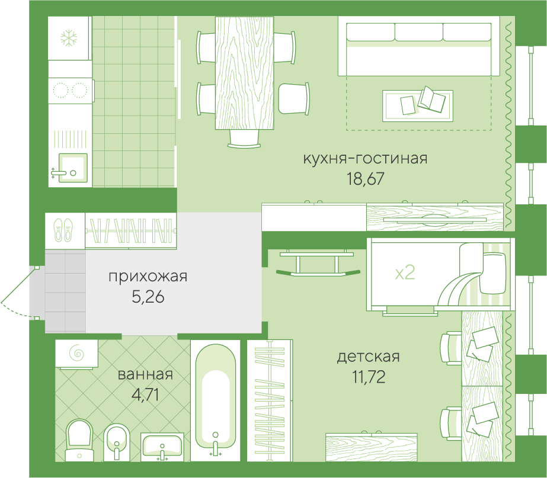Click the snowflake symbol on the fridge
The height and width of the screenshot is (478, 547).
(x=69, y=38)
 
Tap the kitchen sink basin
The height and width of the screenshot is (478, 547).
(x=73, y=168)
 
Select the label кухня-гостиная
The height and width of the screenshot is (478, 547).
(x=365, y=158)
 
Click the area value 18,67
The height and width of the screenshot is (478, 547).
(x=365, y=178)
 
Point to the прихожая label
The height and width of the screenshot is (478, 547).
(x=148, y=277)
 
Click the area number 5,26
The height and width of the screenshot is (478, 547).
(x=148, y=297)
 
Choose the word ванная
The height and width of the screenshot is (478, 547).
(x=145, y=374)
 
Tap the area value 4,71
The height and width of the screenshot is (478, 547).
(x=145, y=394)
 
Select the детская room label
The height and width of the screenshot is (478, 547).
(x=369, y=357)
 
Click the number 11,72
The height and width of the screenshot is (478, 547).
(x=369, y=377)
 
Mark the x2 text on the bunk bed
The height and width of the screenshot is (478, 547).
(x=405, y=272)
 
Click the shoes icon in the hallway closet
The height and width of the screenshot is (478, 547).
(x=63, y=230)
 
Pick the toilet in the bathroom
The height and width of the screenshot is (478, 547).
(x=79, y=440)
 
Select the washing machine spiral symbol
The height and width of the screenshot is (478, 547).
(x=77, y=354)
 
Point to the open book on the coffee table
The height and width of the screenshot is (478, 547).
(x=431, y=100)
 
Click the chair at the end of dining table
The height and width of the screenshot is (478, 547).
(x=244, y=139)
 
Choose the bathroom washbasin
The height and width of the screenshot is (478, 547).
(x=162, y=446)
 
